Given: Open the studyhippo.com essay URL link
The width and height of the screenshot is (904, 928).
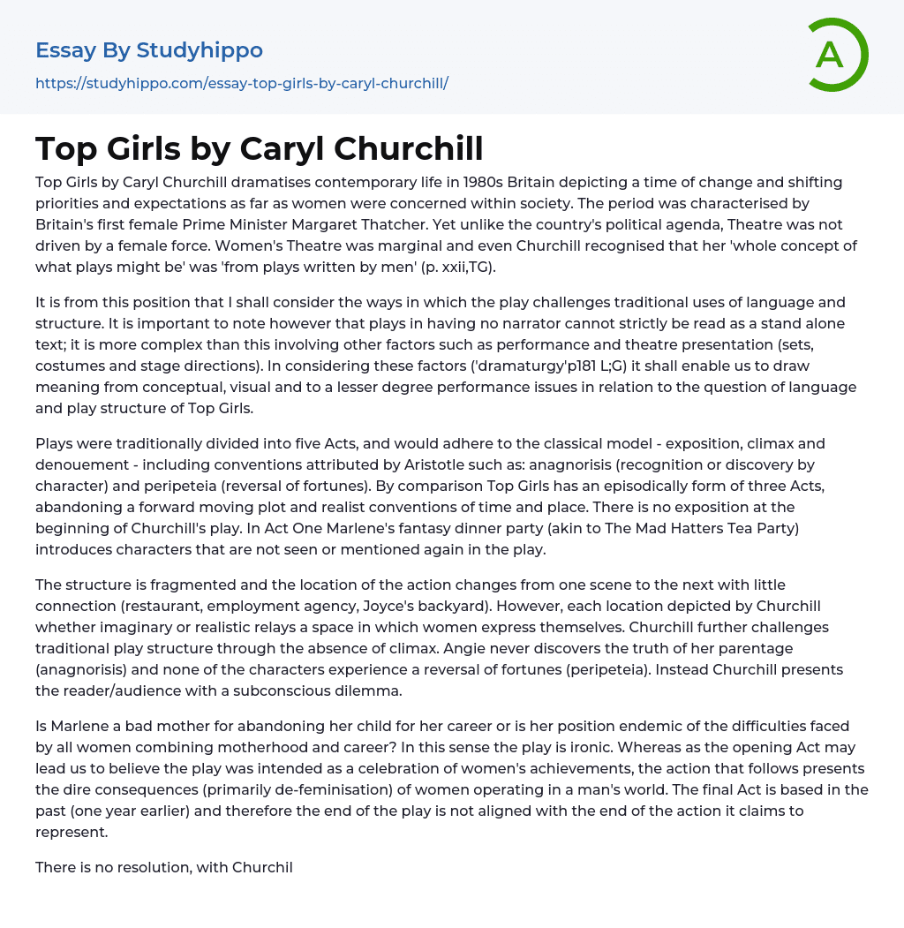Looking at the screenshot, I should pos(242,83).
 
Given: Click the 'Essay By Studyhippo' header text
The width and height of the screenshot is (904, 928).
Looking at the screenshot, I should pos(149,50).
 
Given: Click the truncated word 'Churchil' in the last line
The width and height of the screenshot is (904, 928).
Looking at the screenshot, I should pos(262,867).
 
